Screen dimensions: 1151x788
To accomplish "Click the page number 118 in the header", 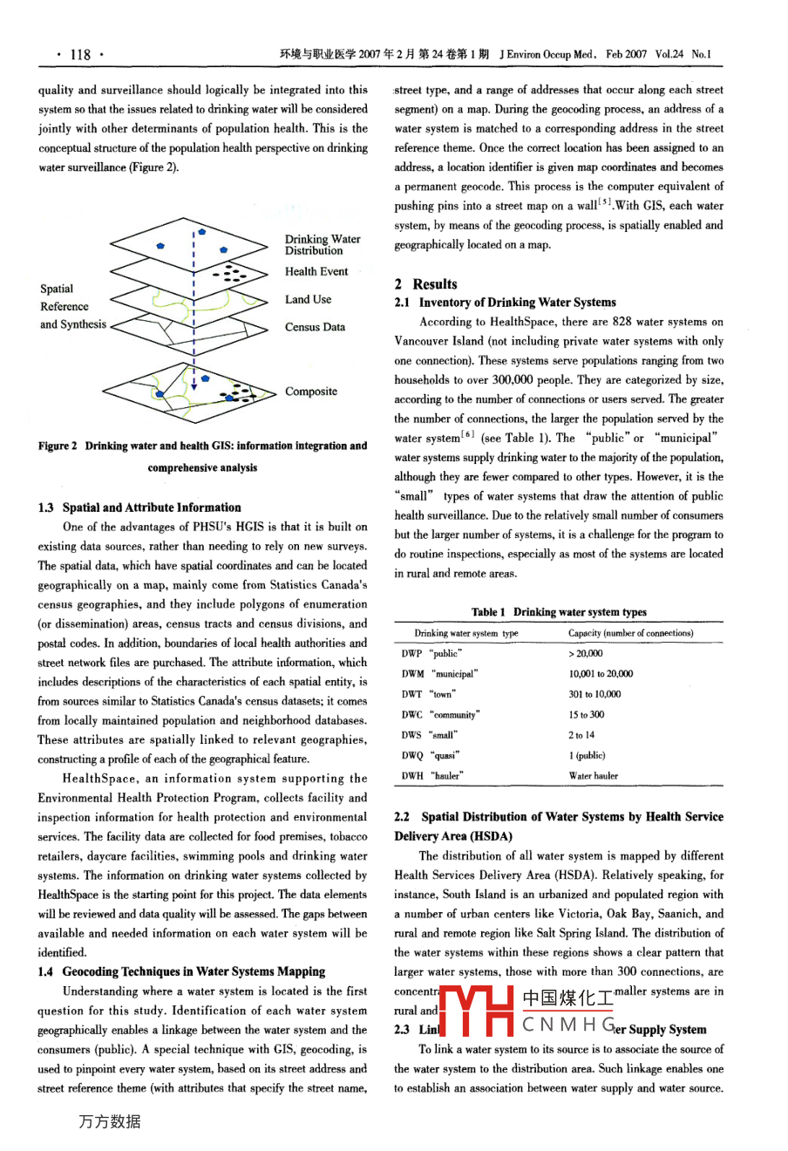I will (x=80, y=54).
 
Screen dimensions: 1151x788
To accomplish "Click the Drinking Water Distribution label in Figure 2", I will (x=322, y=244).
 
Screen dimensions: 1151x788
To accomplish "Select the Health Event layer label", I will (x=316, y=271).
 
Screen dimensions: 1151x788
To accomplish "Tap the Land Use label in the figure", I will (x=308, y=299).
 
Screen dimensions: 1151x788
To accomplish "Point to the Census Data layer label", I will (x=315, y=327).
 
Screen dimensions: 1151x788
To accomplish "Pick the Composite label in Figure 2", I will (x=310, y=392).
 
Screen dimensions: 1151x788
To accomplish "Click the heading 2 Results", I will (x=425, y=283).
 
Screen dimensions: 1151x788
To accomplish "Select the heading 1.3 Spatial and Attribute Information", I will (x=139, y=507).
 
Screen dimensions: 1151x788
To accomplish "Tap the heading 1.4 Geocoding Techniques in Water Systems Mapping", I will (x=181, y=971).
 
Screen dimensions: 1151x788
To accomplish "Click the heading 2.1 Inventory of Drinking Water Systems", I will (x=505, y=303).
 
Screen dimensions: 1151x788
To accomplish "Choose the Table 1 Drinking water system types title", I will (x=559, y=612).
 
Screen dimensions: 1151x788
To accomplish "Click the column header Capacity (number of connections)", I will (x=630, y=633).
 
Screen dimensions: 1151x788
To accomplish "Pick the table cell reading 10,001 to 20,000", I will (x=601, y=674).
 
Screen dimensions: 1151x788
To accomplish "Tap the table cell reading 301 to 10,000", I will (x=594, y=694).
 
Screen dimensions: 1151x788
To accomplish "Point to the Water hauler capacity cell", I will (x=593, y=775).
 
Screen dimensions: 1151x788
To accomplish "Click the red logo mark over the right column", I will (x=478, y=1011).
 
